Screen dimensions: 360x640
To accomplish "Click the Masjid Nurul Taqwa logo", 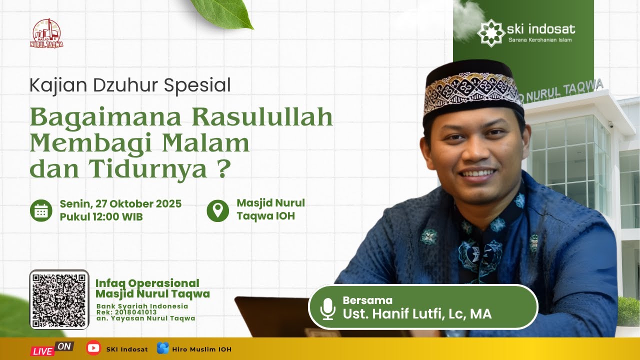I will point(46,33).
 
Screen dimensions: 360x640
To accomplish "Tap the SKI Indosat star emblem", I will point(490,32).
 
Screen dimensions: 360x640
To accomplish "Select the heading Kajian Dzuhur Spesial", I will point(130,85).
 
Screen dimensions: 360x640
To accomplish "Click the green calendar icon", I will point(40,210).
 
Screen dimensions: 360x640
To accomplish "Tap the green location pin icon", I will point(217,210).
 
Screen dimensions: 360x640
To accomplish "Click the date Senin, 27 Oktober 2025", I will point(120,204).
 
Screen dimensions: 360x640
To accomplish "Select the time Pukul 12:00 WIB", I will point(101,217).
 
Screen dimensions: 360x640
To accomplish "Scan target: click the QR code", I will point(59,300).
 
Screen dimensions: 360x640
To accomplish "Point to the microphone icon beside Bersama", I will point(328,309).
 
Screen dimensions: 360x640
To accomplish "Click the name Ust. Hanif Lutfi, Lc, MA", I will point(417,314).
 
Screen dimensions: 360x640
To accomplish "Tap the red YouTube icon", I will point(93,348).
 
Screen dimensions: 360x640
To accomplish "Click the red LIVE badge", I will point(43,350).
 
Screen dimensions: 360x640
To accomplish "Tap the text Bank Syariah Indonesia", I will point(142,306).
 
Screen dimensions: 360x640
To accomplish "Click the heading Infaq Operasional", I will point(147,283).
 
